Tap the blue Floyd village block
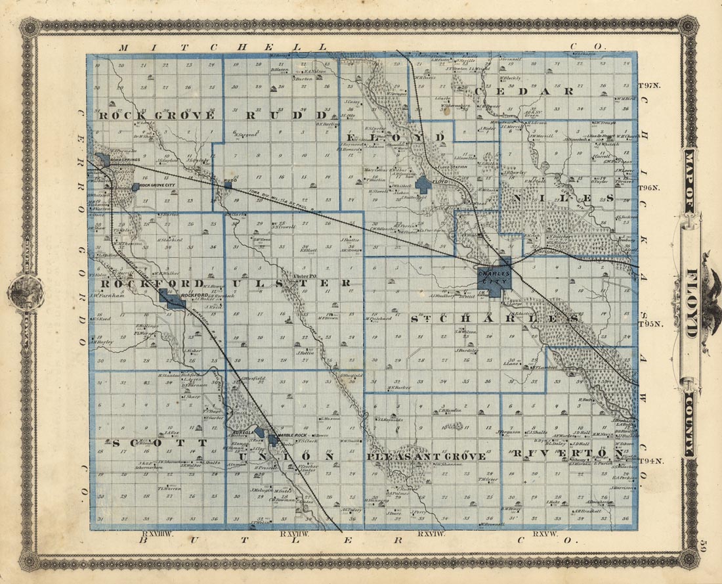(423, 183)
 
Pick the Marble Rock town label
(292, 436)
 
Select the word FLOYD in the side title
(692, 303)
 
